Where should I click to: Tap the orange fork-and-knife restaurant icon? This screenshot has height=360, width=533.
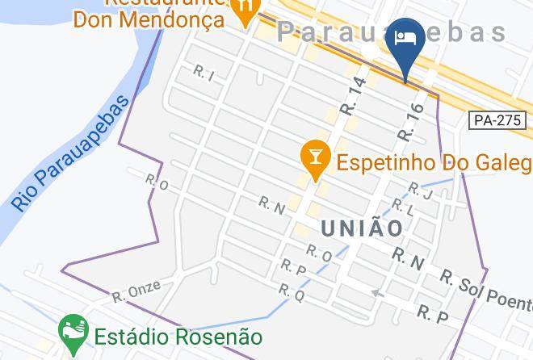pyautogui.click(x=243, y=10)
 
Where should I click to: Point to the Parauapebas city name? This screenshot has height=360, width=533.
pyautogui.click(x=392, y=32)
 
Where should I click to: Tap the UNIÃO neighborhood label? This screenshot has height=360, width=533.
pyautogui.click(x=362, y=228)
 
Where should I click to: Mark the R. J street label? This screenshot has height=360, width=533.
pyautogui.click(x=422, y=192)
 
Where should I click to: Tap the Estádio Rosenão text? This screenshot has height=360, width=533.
pyautogui.click(x=178, y=335)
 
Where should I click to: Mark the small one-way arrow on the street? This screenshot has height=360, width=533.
pyautogui.click(x=376, y=293)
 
